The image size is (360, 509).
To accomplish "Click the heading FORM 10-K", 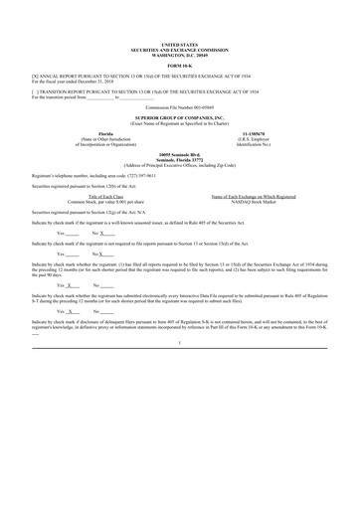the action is click(179, 66).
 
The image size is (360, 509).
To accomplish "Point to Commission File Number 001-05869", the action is click(179, 106).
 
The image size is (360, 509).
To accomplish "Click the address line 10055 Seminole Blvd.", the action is click(179, 153).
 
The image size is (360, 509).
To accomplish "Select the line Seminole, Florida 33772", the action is click(179, 158).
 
